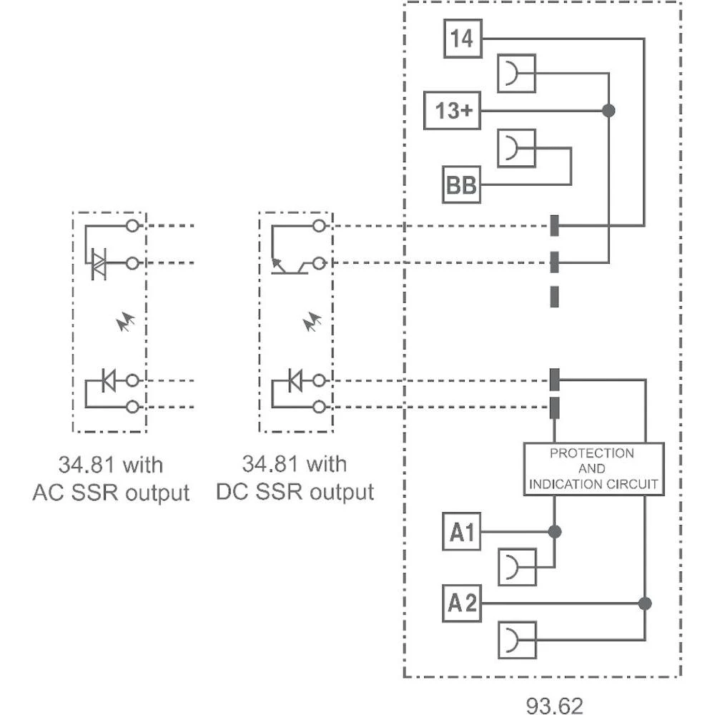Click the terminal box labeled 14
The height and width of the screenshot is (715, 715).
click(463, 39)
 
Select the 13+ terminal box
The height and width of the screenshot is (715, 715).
click(452, 110)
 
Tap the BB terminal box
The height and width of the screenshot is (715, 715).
click(461, 185)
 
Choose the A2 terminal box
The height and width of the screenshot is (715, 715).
click(461, 603)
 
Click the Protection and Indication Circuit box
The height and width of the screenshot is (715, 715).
click(593, 468)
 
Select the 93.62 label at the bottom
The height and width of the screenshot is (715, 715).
click(555, 704)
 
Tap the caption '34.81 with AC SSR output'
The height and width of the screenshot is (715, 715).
click(111, 478)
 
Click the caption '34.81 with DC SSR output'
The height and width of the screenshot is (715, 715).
click(295, 478)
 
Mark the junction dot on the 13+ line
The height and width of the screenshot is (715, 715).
click(608, 110)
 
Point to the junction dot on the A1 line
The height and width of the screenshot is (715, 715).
click(553, 532)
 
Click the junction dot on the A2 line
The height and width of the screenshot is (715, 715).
click(645, 603)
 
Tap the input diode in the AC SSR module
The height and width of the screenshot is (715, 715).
click(108, 381)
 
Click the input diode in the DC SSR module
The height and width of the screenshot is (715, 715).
click(295, 381)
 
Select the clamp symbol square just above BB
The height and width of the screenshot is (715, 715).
click(516, 148)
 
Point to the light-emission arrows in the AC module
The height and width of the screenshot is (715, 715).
click(126, 323)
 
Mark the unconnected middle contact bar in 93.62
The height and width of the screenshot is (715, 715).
click(554, 295)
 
